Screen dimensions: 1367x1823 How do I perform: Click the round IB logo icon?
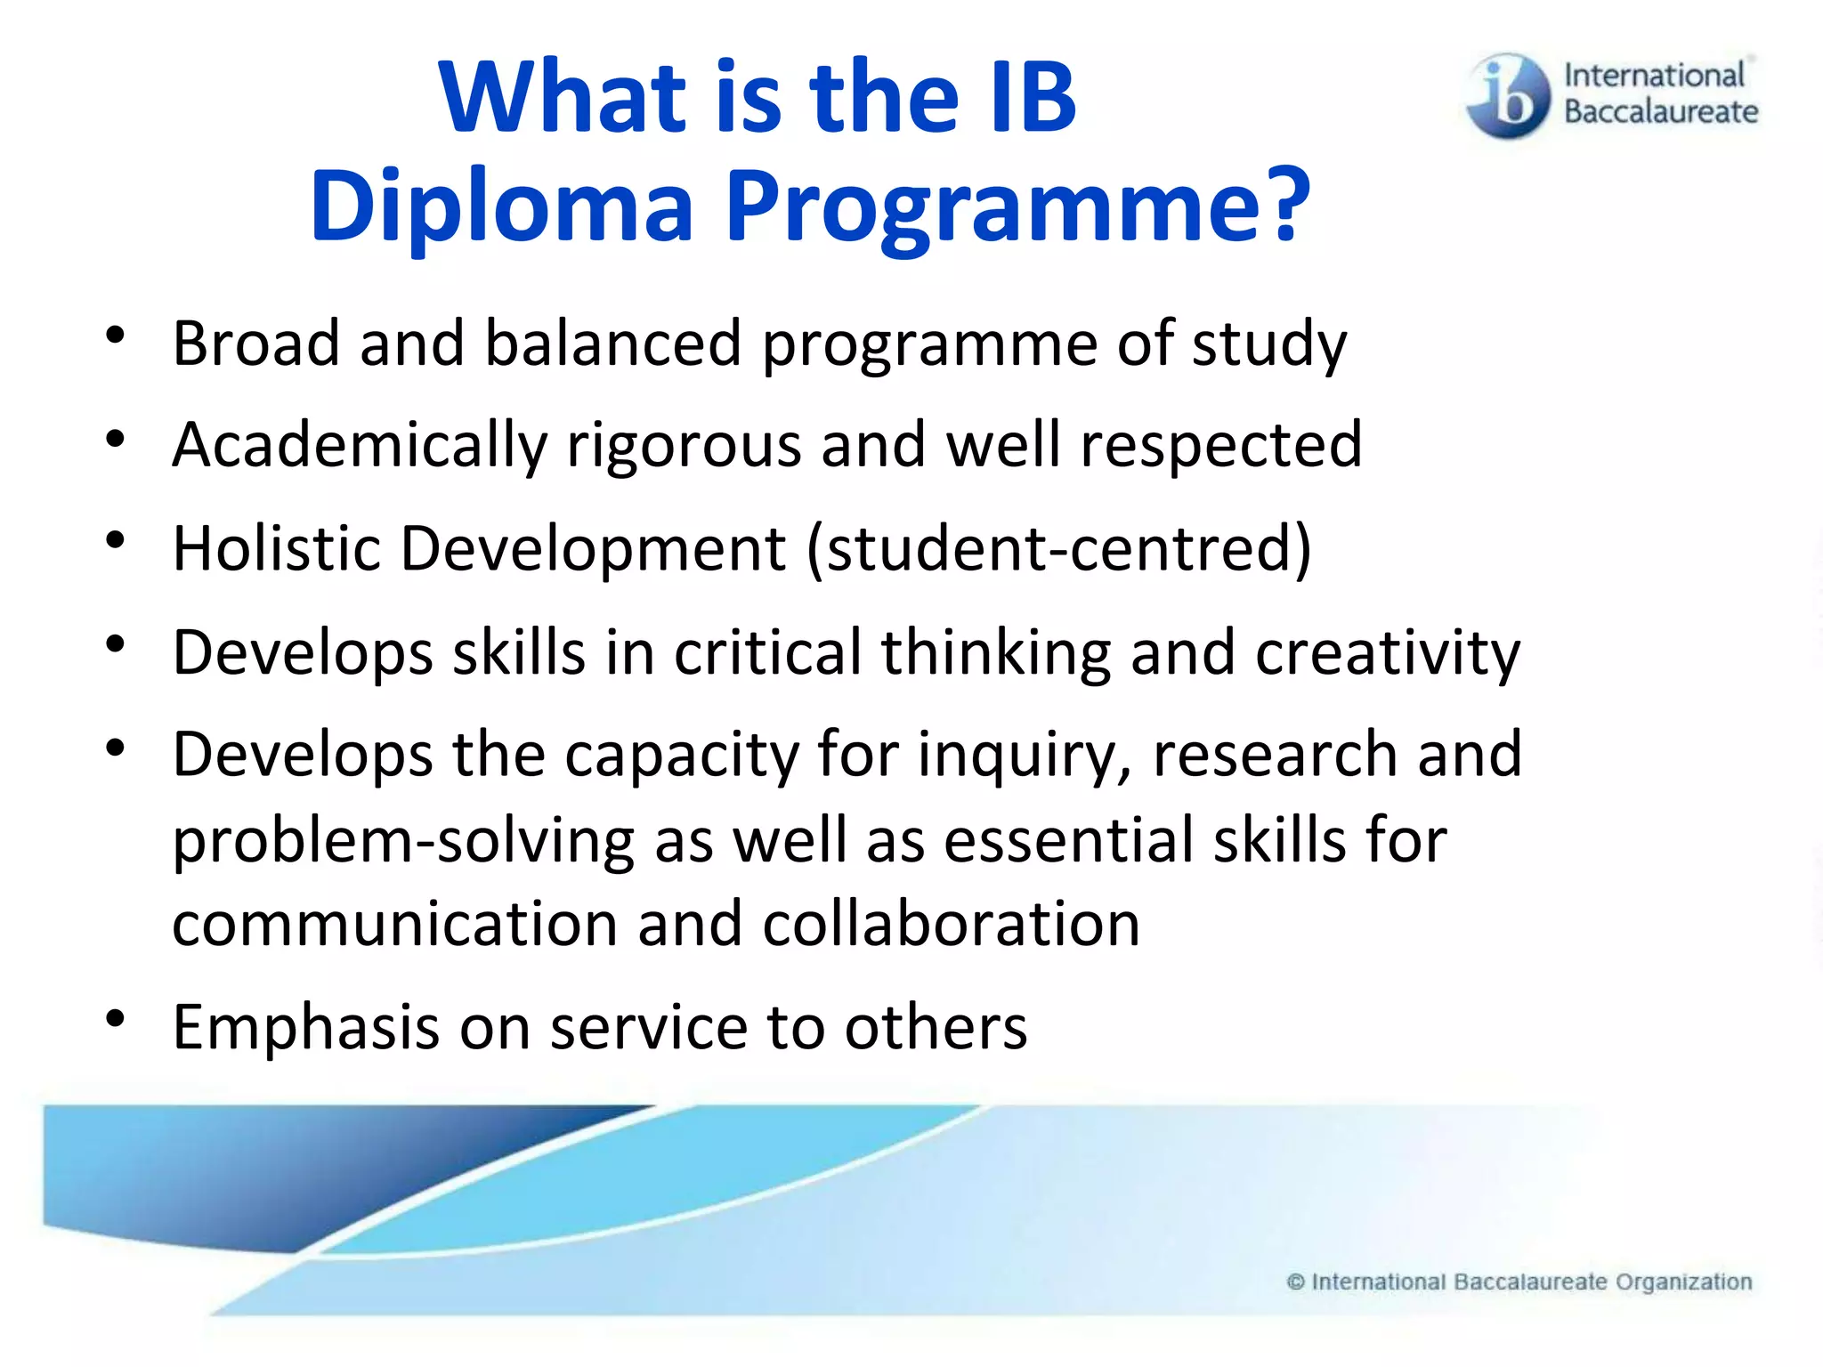[x=1507, y=96]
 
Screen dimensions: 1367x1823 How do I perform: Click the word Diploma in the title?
[x=501, y=206]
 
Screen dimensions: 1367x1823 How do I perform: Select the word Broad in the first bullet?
[x=256, y=344]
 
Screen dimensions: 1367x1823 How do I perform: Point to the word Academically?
[x=360, y=445]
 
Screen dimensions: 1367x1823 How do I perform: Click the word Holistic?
[x=276, y=548]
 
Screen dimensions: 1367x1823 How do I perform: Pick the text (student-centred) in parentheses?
[x=1058, y=548]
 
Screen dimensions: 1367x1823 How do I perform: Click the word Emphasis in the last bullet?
[x=306, y=1028]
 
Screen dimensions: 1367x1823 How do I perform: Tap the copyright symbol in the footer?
[x=1296, y=1282]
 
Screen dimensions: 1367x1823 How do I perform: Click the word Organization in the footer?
[x=1683, y=1282]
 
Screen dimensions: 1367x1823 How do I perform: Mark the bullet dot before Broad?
[x=115, y=336]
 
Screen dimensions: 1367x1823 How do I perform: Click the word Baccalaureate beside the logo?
[x=1661, y=112]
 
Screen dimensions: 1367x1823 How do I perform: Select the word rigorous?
[x=684, y=445]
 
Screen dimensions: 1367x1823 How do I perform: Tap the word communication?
[x=394, y=924]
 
